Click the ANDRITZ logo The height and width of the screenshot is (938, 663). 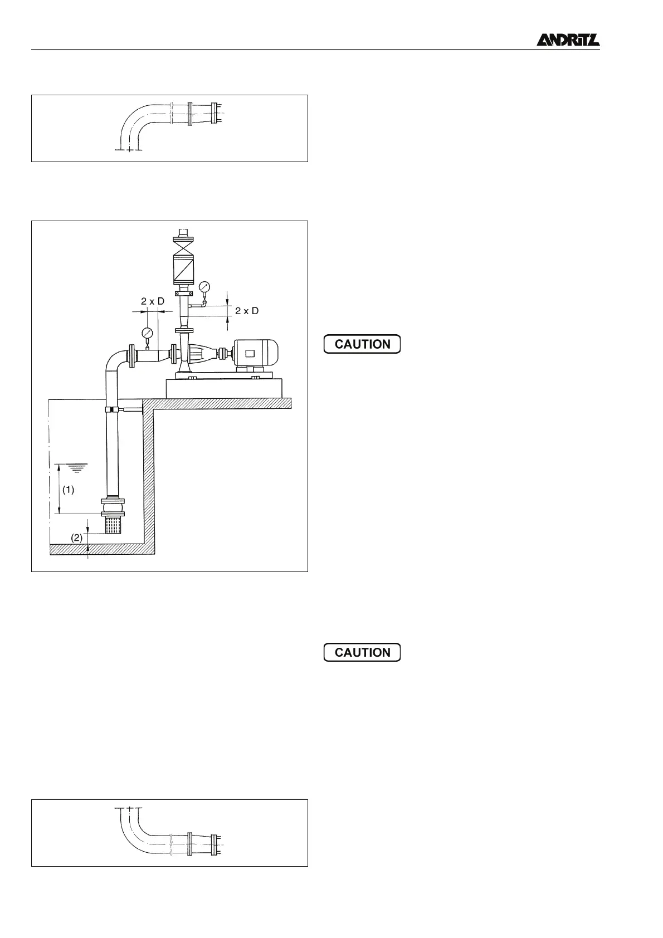[568, 40]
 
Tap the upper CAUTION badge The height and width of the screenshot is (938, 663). [362, 344]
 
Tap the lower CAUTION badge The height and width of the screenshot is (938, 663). [362, 652]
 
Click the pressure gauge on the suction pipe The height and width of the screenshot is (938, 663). [148, 333]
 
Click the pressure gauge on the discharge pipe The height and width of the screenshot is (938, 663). [204, 287]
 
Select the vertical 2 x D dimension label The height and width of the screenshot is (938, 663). [247, 311]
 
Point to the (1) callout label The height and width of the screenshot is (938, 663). [68, 490]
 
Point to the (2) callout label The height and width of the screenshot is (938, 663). [77, 538]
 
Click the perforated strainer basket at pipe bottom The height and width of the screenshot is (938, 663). [113, 525]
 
